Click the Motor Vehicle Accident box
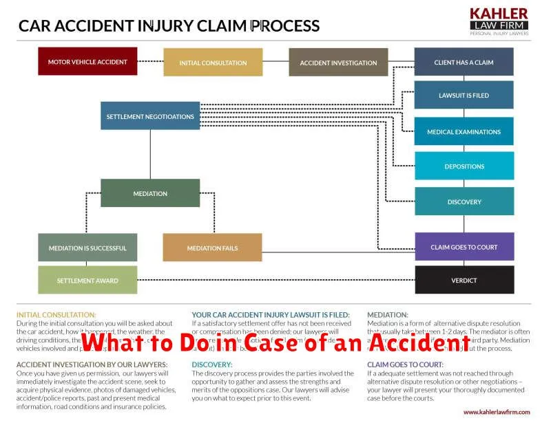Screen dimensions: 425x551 pyautogui.click(x=87, y=61)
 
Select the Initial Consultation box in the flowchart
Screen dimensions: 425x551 pyautogui.click(x=213, y=63)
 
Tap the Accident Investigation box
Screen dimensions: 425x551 pyautogui.click(x=338, y=63)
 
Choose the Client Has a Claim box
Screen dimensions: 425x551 pyautogui.click(x=464, y=62)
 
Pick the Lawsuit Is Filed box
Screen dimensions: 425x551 pyautogui.click(x=464, y=95)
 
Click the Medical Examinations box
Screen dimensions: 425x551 pyautogui.click(x=464, y=131)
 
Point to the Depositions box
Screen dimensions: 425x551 pyautogui.click(x=464, y=166)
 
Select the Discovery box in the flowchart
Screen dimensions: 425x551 pyautogui.click(x=464, y=201)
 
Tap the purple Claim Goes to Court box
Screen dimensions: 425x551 pyautogui.click(x=464, y=247)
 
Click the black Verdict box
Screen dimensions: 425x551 pyautogui.click(x=464, y=280)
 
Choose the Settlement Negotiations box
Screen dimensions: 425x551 pyautogui.click(x=150, y=116)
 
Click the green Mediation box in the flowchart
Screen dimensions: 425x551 pyautogui.click(x=150, y=193)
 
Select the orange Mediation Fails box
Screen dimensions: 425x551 pyautogui.click(x=212, y=248)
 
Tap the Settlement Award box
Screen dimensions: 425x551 pyautogui.click(x=87, y=280)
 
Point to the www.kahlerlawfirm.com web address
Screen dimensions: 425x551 pyautogui.click(x=496, y=412)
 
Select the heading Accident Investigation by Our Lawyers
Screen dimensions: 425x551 pyautogui.click(x=92, y=364)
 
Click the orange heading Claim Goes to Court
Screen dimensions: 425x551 pyautogui.click(x=405, y=364)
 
